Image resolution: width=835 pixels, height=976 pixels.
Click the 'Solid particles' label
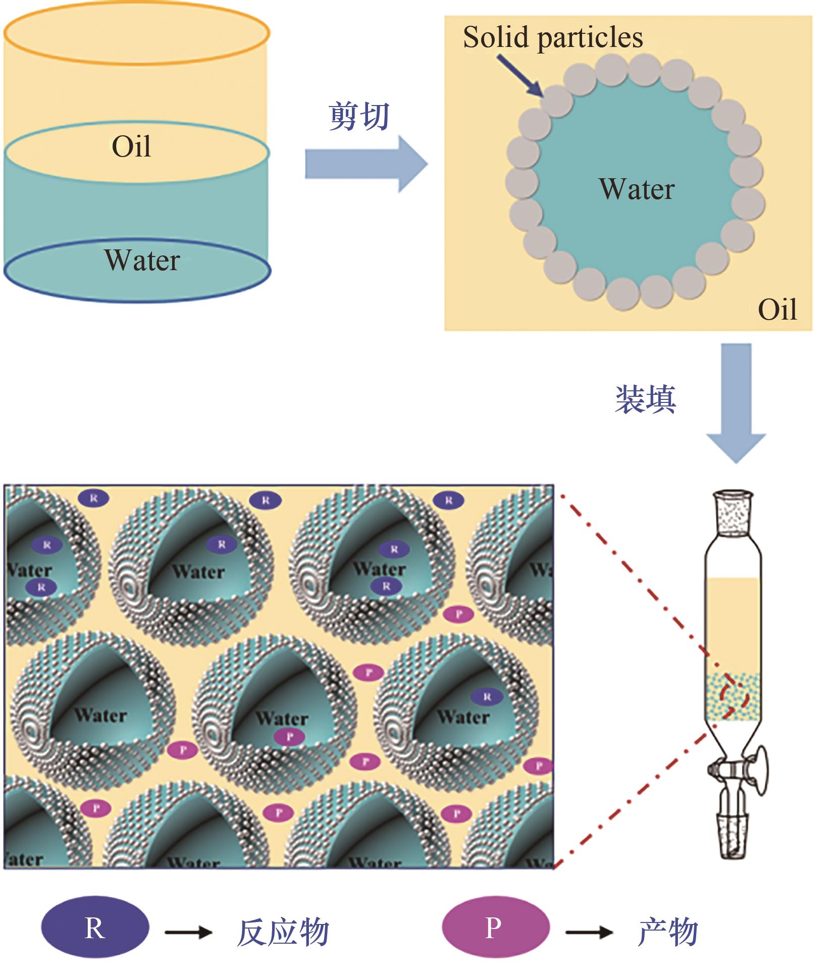coord(553,38)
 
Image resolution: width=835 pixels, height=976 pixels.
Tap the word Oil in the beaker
coord(131,147)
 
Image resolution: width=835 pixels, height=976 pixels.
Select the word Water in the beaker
coord(142,261)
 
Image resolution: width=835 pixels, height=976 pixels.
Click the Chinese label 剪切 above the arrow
coord(359,116)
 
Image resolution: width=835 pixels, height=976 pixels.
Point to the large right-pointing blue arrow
coord(366,164)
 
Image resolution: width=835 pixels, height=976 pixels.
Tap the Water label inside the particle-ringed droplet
coord(637,190)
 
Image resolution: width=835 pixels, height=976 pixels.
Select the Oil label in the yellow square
coord(777,310)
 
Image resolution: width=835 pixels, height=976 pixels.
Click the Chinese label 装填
coord(645,399)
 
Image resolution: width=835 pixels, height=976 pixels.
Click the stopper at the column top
coord(733,512)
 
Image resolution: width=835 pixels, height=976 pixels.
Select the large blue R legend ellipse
coord(95,928)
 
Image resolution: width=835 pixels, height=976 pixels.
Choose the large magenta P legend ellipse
coord(495,928)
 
